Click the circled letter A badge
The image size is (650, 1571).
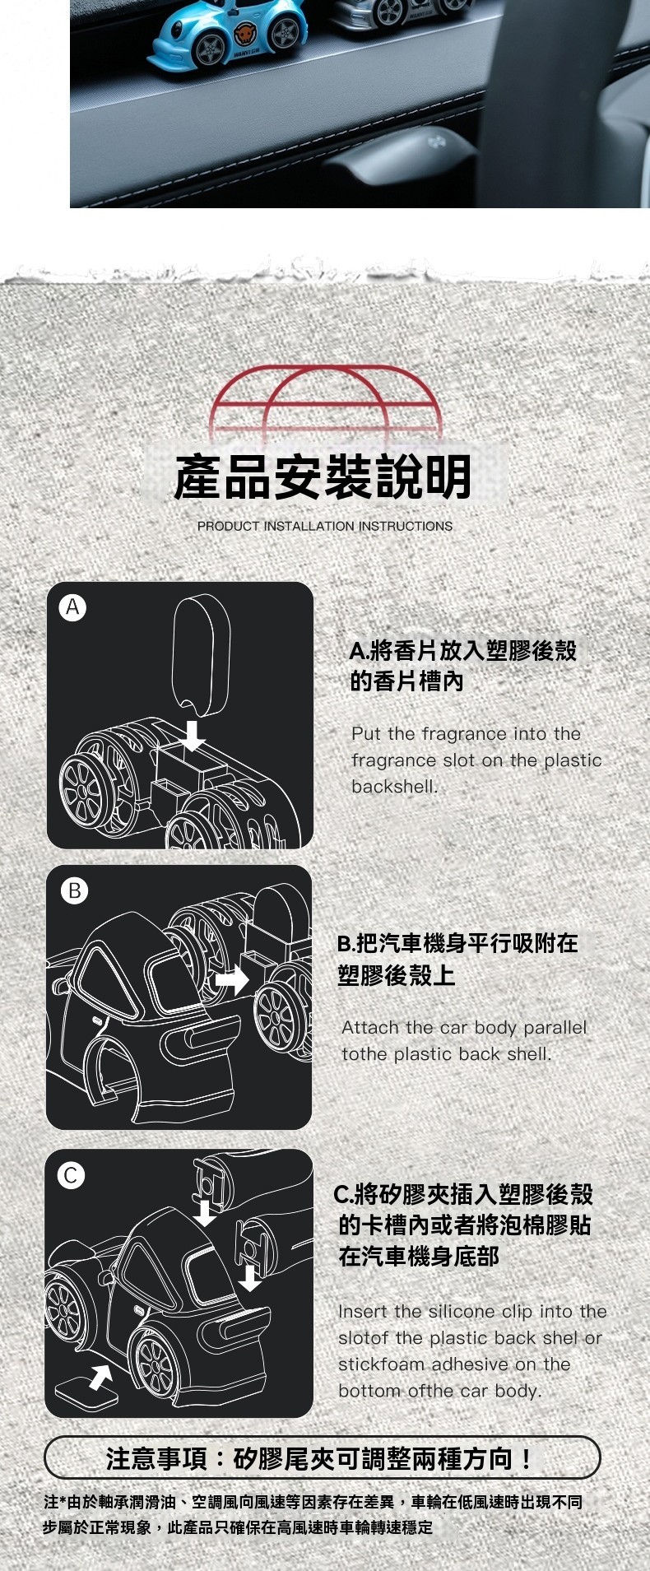pos(73,607)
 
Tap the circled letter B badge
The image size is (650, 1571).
pos(74,890)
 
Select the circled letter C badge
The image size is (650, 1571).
pos(71,1175)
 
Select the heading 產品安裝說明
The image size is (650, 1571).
pos(323,476)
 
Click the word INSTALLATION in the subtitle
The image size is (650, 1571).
pos(309,526)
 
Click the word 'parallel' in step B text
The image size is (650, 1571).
pos(555,1027)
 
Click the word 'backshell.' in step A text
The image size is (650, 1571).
pos(395,786)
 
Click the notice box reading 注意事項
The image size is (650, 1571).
pos(322,1457)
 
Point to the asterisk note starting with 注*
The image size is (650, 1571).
pos(313,1514)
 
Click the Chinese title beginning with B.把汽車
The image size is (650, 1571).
pos(458,959)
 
